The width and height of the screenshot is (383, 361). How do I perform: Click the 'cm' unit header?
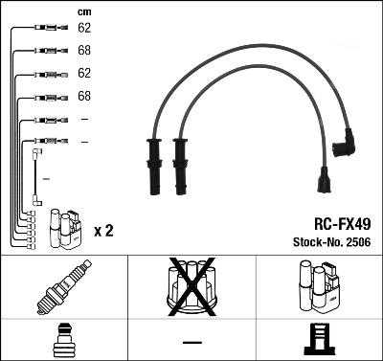pyautogui.click(x=84, y=12)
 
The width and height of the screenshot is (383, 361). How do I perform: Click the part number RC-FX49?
pyautogui.click(x=343, y=224)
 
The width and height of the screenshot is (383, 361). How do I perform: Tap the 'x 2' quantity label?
pyautogui.click(x=103, y=231)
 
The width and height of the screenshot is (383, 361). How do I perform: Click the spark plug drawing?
pyautogui.click(x=64, y=286)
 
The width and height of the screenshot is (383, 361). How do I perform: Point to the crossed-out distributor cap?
pyautogui.click(x=191, y=286)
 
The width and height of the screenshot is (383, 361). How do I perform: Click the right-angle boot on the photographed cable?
pyautogui.click(x=345, y=144)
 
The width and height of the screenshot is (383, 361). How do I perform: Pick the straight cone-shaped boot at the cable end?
pyautogui.click(x=325, y=180)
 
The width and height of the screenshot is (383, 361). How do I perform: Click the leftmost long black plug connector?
pyautogui.click(x=154, y=167)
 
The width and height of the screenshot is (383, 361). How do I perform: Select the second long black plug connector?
pyautogui.click(x=180, y=167)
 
